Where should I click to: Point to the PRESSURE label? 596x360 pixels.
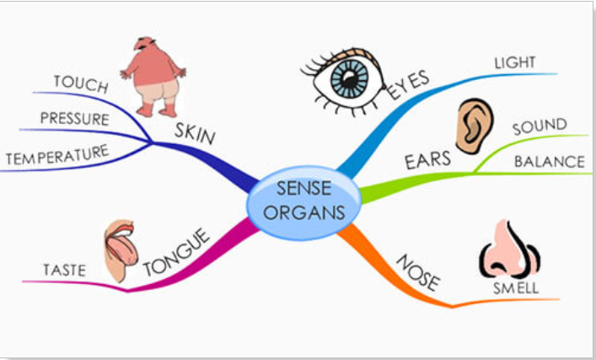point(74,119)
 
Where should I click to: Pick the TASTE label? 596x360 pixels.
point(65,270)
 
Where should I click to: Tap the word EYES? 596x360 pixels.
point(409,84)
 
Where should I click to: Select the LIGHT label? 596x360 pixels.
point(514,63)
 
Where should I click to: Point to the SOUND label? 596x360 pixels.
point(540,126)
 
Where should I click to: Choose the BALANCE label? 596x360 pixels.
point(549,161)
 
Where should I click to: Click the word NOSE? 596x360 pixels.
point(416,271)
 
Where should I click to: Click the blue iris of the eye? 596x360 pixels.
point(347,80)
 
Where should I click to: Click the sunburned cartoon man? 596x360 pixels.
point(153,77)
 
